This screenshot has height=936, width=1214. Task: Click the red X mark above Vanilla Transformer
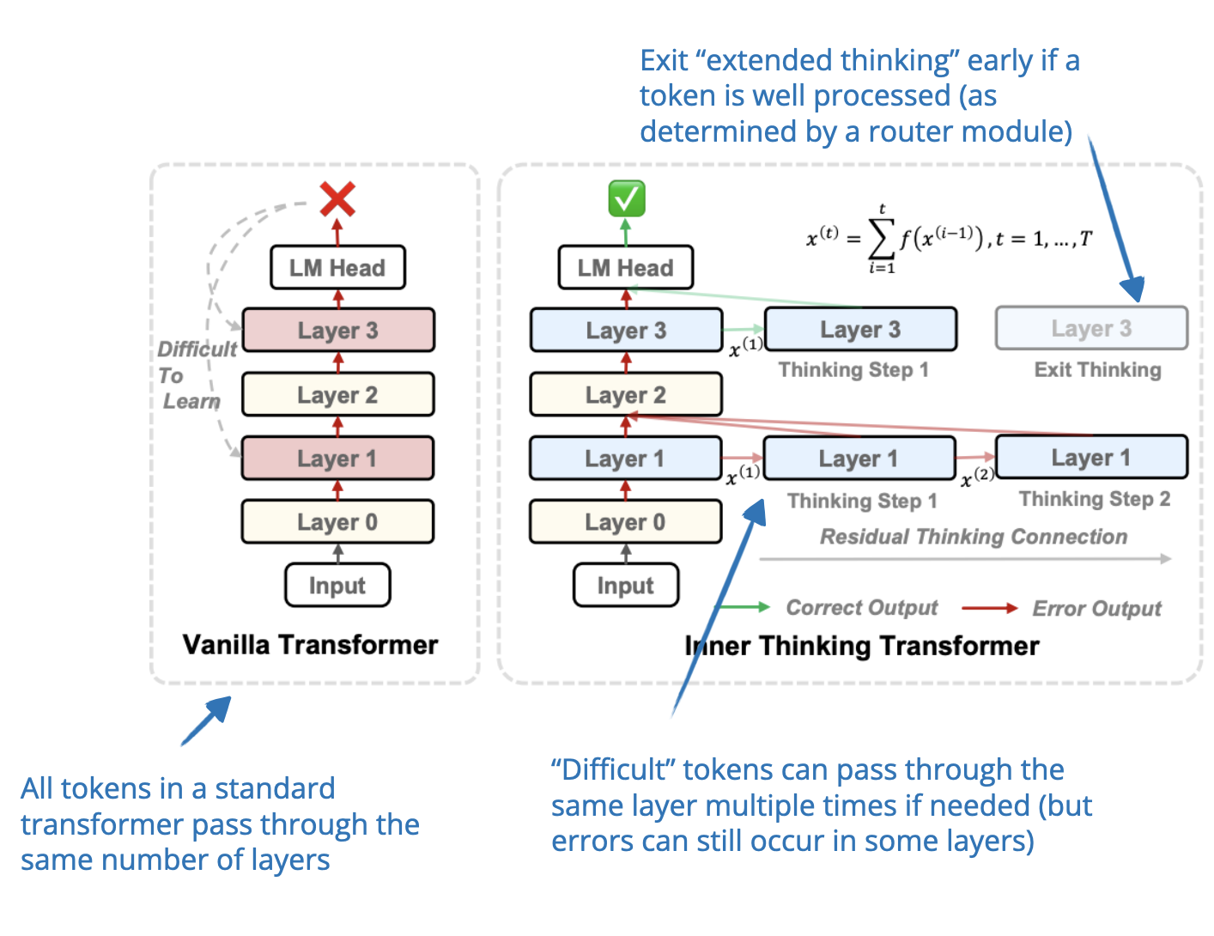coord(337,199)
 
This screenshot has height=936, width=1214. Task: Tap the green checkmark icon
coord(626,198)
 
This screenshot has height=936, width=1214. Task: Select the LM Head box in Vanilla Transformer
coord(337,268)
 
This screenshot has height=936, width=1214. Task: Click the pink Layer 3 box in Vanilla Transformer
coord(338,331)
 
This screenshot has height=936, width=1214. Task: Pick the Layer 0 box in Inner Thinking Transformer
coord(625,522)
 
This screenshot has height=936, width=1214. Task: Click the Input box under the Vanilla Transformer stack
coord(337,586)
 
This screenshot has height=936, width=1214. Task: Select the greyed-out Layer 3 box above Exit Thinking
coord(1091,329)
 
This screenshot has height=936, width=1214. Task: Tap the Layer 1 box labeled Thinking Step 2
coord(1091,458)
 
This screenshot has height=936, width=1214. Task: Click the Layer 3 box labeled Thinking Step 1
coord(860,330)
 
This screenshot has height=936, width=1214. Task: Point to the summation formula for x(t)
coord(949,239)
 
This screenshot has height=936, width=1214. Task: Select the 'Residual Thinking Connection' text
coord(973,537)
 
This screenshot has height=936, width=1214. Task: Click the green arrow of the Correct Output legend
coord(744,608)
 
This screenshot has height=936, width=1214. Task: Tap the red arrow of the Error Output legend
coord(989,608)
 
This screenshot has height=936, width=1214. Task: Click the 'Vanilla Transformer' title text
coord(310,645)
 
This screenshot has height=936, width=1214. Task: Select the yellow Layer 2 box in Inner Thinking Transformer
coord(625,395)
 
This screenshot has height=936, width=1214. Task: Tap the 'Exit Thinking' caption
coord(1097,370)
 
